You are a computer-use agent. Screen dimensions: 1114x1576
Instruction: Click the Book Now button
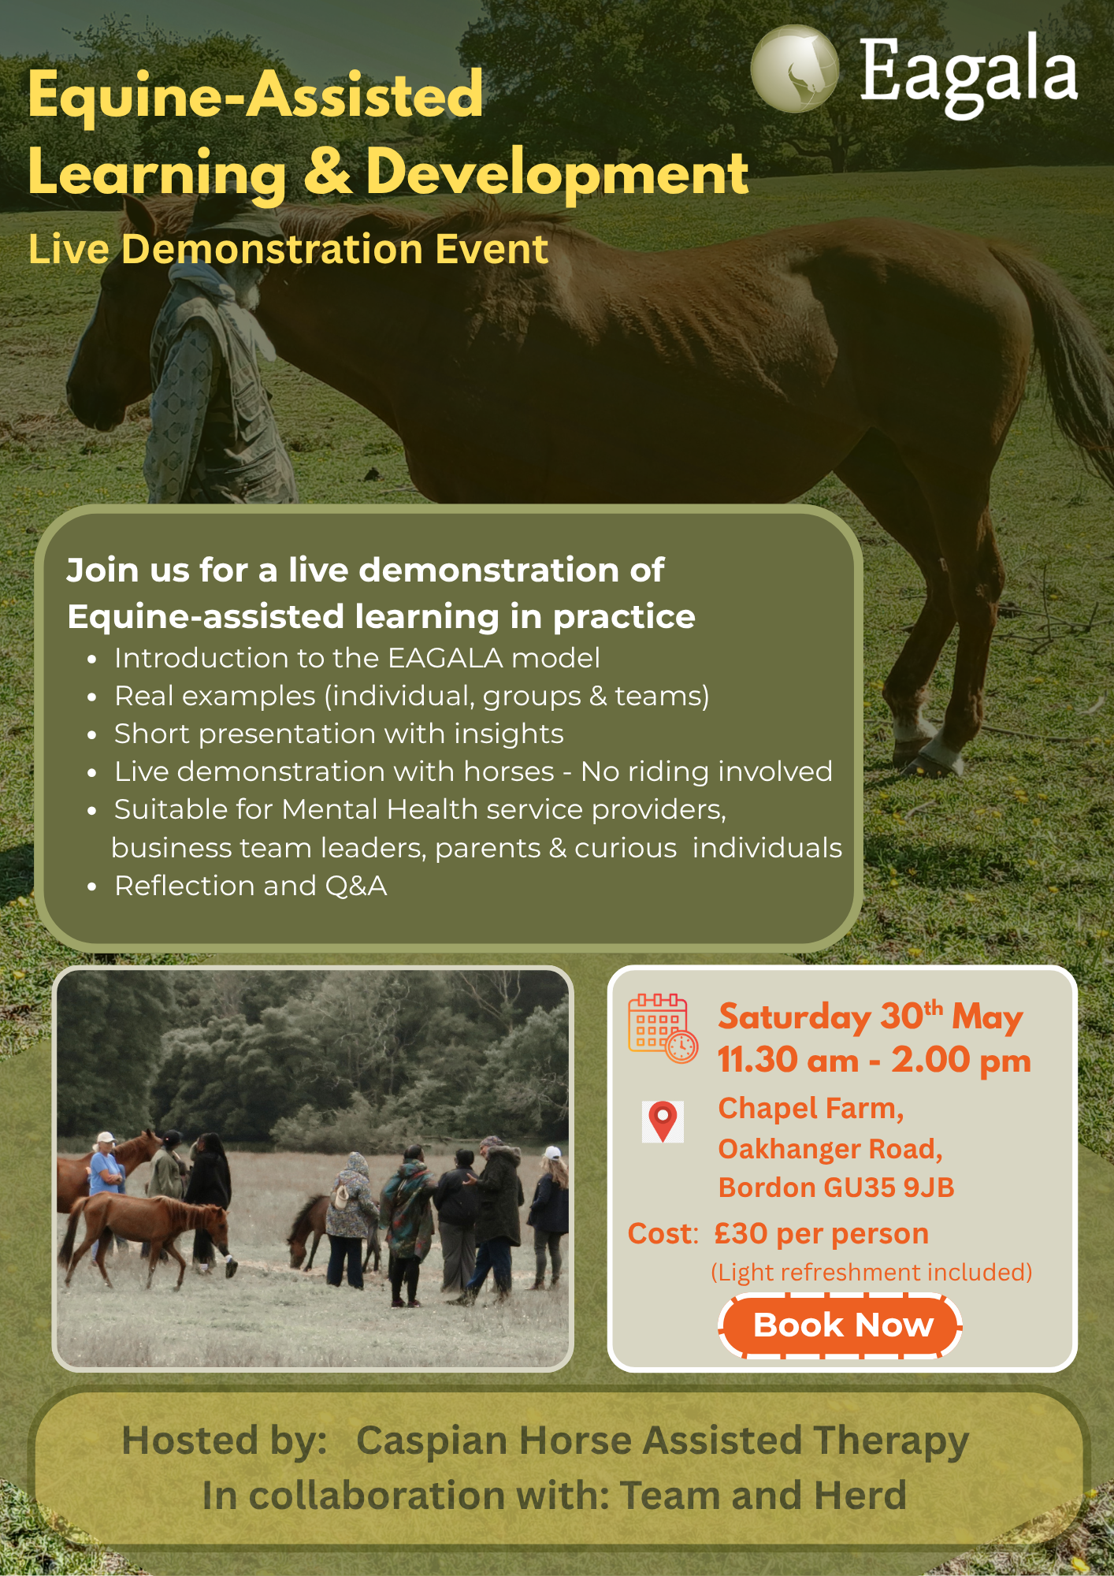[841, 1325]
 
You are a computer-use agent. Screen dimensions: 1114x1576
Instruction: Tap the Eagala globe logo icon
[795, 69]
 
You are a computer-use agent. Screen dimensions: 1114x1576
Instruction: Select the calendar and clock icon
[663, 1028]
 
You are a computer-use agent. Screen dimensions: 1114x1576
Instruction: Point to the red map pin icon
[663, 1121]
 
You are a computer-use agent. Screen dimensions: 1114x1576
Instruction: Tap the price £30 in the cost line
[741, 1233]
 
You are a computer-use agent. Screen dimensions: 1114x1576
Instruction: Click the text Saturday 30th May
[871, 1017]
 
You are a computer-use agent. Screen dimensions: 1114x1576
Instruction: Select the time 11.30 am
[788, 1060]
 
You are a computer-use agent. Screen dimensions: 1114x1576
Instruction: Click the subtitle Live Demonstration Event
[288, 250]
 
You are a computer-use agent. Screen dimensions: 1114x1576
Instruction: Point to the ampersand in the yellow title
[327, 172]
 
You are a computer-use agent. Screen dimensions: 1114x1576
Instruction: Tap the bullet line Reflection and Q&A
[251, 886]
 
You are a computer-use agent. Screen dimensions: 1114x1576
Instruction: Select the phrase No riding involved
[707, 771]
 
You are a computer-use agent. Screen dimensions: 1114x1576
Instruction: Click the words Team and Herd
[763, 1495]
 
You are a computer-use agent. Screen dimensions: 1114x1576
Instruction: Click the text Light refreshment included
[871, 1273]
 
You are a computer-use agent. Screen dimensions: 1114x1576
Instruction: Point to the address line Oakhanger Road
[830, 1149]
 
